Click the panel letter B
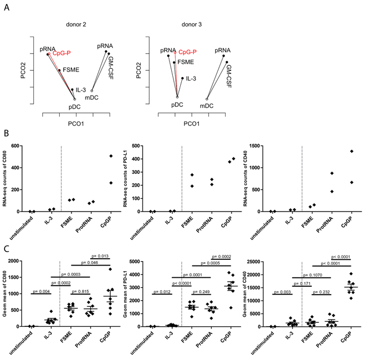[x=5, y=136]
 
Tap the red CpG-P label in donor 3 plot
[x=188, y=52]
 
